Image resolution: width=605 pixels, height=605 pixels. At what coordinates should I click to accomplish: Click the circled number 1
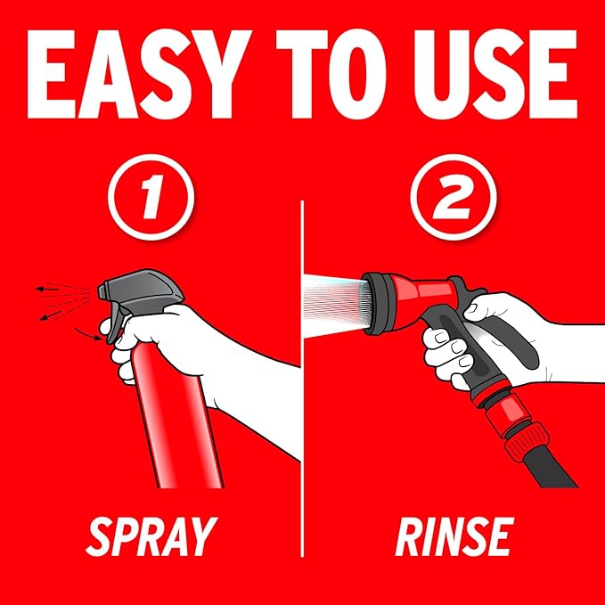151,197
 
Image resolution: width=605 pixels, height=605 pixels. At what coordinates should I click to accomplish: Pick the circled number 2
453,197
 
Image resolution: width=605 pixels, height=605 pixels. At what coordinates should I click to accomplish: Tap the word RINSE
454,536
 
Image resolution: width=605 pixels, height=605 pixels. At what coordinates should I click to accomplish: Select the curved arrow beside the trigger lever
88,335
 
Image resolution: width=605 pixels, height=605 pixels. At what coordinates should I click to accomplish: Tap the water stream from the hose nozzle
335,305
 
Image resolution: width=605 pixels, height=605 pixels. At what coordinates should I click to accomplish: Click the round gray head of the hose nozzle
380,303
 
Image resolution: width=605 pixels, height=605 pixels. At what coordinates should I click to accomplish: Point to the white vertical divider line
302,379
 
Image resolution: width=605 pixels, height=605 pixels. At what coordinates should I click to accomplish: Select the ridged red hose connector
527,441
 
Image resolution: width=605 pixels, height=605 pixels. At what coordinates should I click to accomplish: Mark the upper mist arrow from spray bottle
48,288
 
